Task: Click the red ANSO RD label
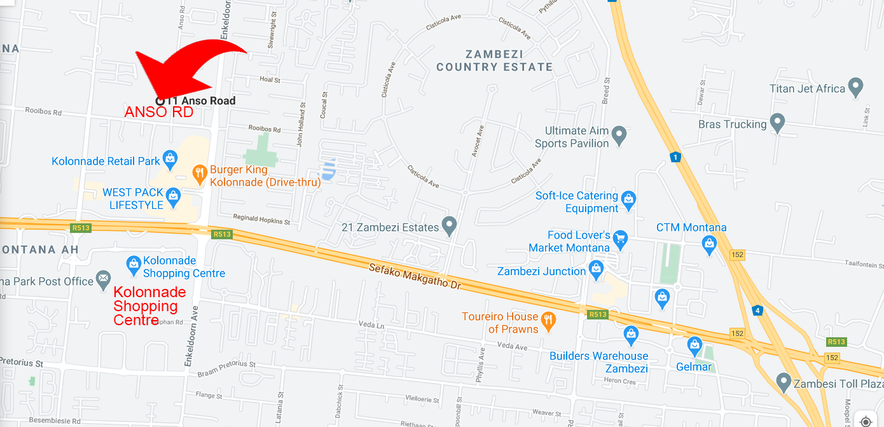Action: [x=158, y=113]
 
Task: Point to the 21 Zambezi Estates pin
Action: [x=450, y=225]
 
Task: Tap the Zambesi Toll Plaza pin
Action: [x=784, y=382]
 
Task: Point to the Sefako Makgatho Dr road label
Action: [x=415, y=276]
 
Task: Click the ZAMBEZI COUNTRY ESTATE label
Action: [x=494, y=60]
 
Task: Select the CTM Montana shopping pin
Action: [x=709, y=242]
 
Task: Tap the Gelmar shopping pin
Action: [x=694, y=346]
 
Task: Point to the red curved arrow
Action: [x=191, y=67]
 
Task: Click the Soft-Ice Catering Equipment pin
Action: [x=628, y=199]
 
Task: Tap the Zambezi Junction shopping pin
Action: [x=596, y=269]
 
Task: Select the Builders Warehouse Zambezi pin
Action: [x=631, y=333]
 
